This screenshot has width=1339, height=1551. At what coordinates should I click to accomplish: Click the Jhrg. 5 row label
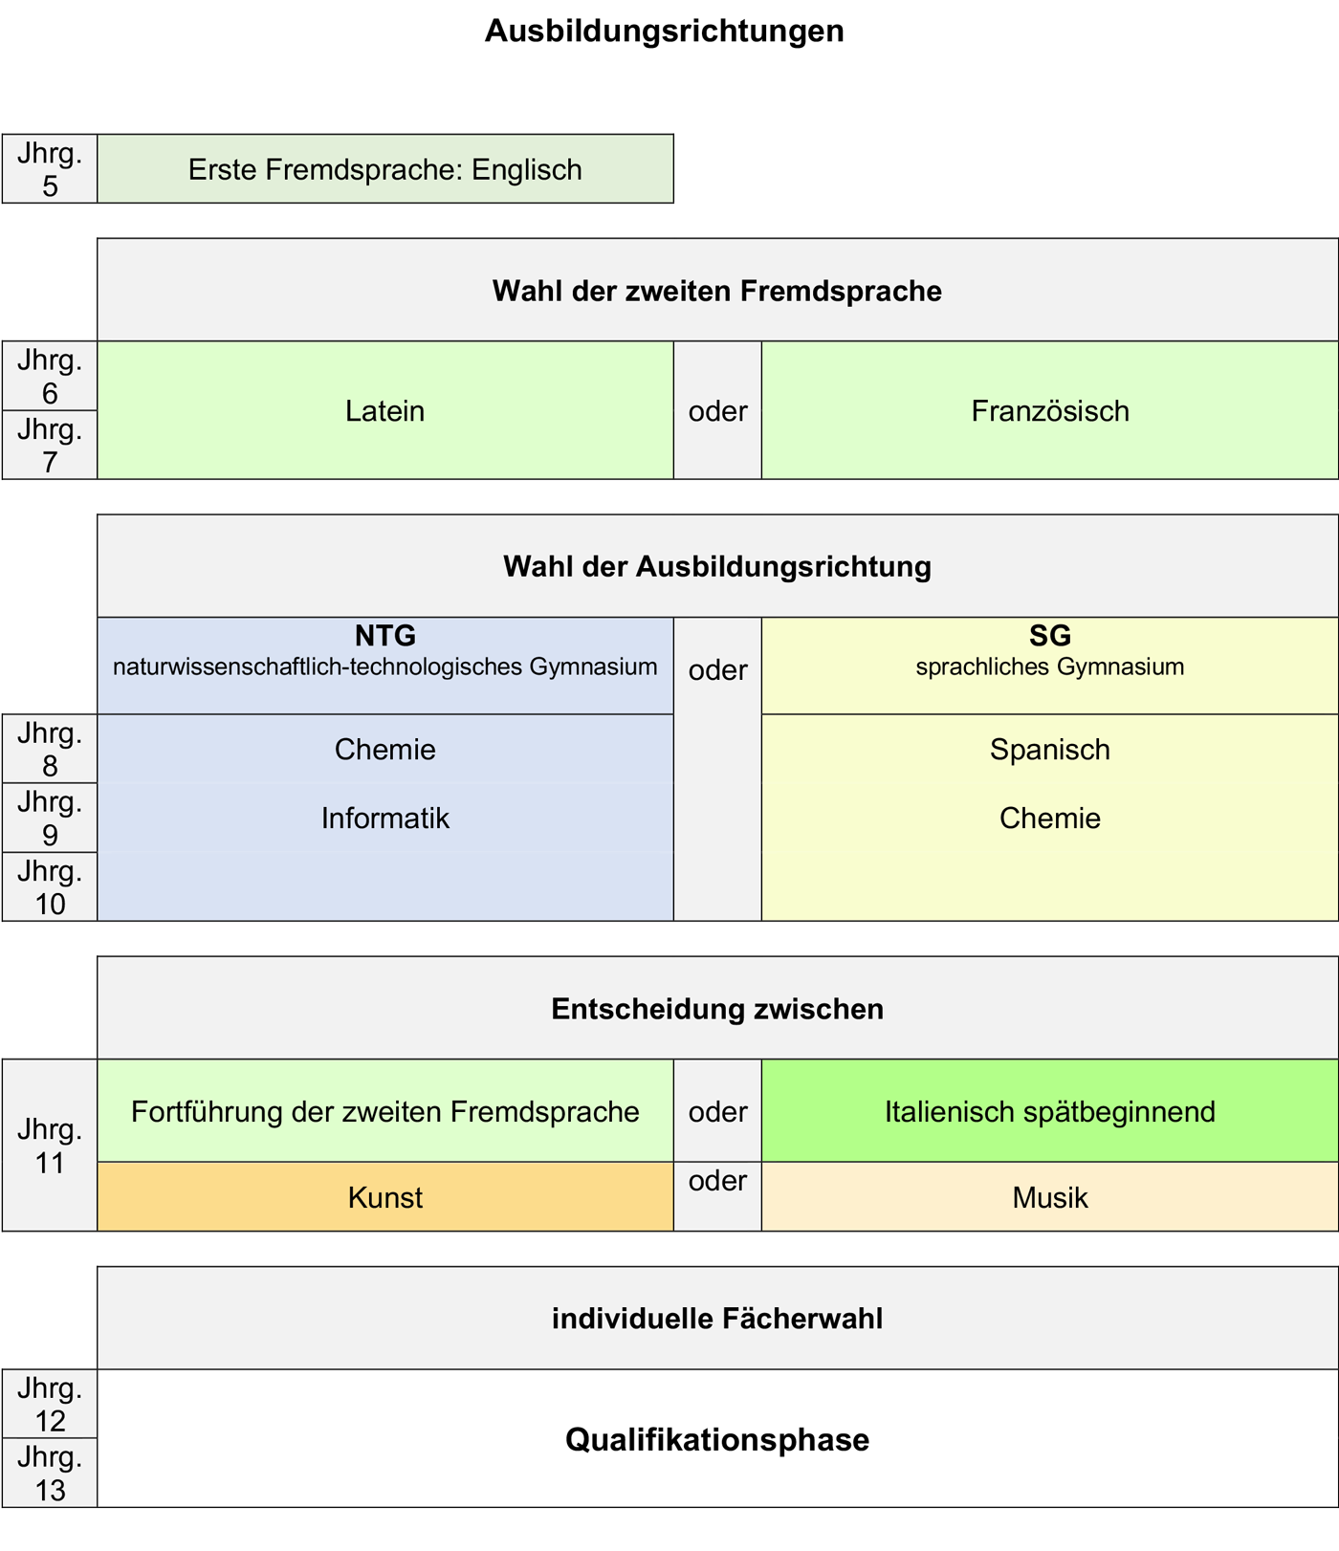(50, 169)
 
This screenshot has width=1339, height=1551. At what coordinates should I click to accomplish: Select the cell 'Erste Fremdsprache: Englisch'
(384, 169)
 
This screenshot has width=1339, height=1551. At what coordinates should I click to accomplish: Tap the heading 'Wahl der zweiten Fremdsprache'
(716, 291)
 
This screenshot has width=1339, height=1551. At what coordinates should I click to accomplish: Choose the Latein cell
(384, 411)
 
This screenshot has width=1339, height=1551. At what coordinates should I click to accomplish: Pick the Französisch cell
(1049, 411)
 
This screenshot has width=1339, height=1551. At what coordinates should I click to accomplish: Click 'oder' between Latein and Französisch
(717, 411)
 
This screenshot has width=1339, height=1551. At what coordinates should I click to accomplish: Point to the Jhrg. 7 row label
(50, 446)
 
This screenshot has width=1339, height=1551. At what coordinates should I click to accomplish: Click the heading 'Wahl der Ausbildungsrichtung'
(716, 566)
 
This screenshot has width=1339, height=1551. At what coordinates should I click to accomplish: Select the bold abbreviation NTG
(384, 636)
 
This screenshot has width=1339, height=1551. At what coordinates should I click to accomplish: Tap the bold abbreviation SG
(1049, 636)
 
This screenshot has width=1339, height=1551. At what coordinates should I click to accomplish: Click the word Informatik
(384, 819)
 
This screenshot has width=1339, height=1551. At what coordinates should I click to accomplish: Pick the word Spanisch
(1049, 750)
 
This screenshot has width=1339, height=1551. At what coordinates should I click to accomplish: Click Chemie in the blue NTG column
(384, 750)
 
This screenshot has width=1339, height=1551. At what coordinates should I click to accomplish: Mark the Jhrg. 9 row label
(50, 819)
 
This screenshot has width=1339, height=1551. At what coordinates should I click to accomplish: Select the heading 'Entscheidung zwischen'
(716, 1009)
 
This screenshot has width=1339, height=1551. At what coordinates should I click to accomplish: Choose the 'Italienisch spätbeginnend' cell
(1049, 1112)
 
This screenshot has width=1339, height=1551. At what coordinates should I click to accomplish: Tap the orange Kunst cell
(384, 1197)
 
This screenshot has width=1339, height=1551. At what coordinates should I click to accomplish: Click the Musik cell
(1049, 1197)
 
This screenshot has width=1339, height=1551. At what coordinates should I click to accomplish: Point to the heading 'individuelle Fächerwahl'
(716, 1319)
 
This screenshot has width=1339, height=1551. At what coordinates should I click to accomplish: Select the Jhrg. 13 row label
(50, 1474)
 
